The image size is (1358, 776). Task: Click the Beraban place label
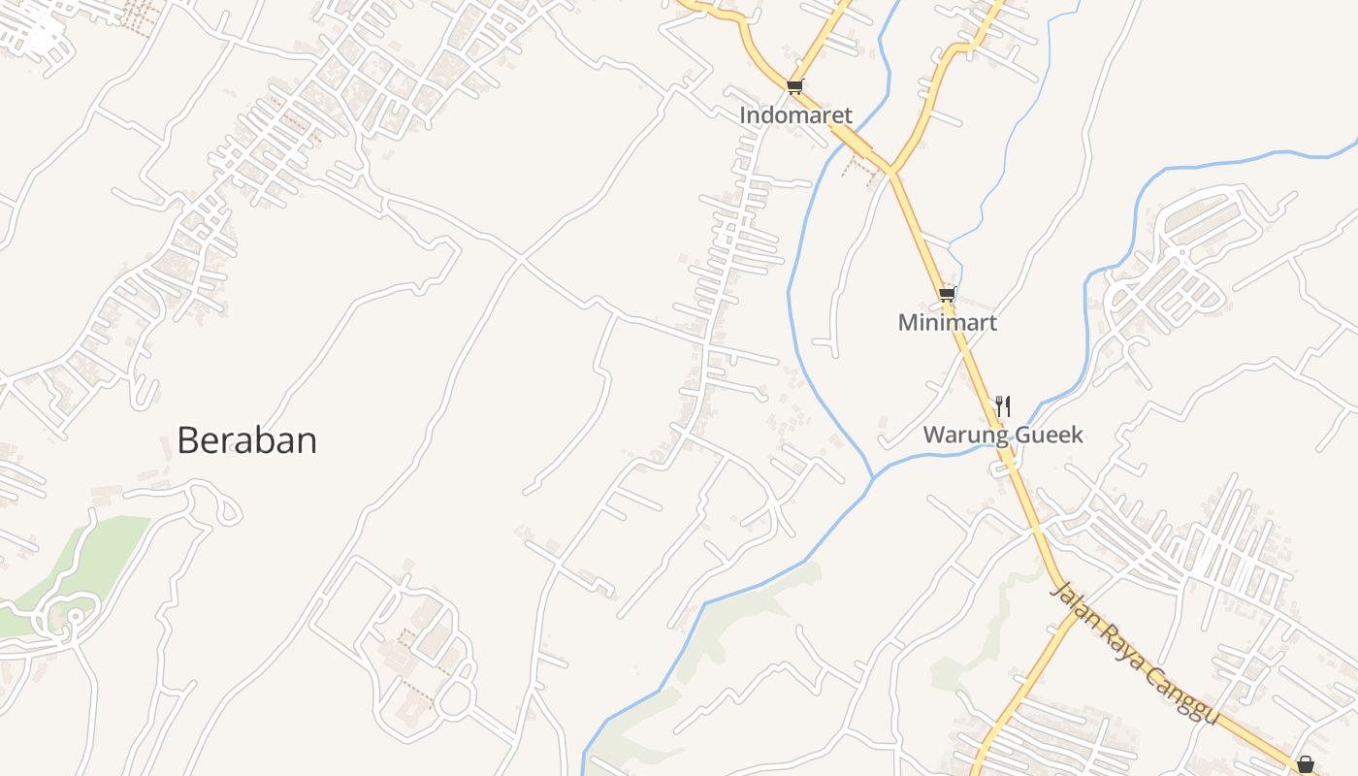point(246,441)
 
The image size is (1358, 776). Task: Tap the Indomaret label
point(795,115)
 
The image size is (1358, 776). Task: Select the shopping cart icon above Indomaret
point(795,86)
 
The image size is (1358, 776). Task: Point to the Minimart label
point(947,323)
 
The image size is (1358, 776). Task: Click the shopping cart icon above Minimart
point(947,294)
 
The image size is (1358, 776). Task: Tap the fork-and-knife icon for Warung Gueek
point(1003,405)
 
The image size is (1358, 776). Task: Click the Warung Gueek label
point(1003,435)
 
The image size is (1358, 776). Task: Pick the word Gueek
point(1048,435)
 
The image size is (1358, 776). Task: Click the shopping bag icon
point(1306,764)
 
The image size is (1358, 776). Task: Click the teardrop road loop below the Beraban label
point(227,508)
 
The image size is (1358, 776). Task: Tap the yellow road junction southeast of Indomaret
point(889,173)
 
